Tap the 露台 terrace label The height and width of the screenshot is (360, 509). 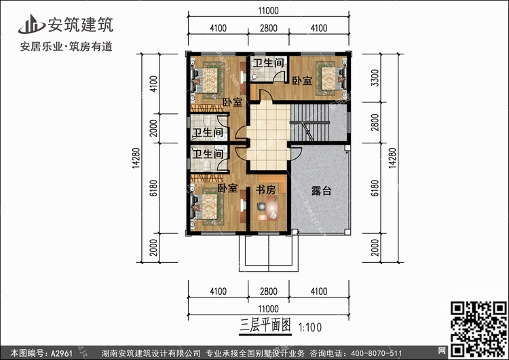pyautogui.click(x=320, y=192)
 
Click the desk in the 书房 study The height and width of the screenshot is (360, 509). pyautogui.click(x=266, y=217)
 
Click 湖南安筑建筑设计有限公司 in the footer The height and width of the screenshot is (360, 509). pyautogui.click(x=151, y=353)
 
